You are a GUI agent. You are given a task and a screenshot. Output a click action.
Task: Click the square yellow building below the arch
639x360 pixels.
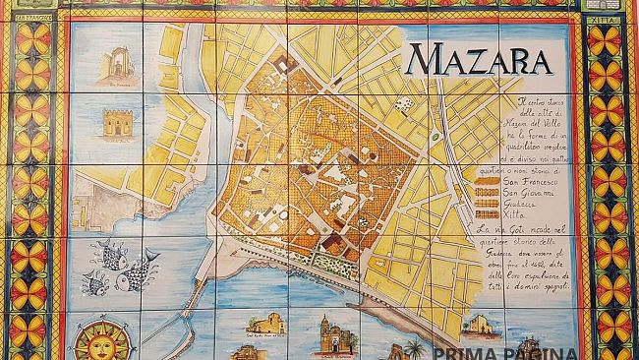pyautogui.click(x=116, y=122)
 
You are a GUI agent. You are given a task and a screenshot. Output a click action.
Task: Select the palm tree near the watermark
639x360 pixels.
pyautogui.click(x=414, y=348)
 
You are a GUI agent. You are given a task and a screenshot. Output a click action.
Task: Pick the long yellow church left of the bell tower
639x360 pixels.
pyautogui.click(x=266, y=324)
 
